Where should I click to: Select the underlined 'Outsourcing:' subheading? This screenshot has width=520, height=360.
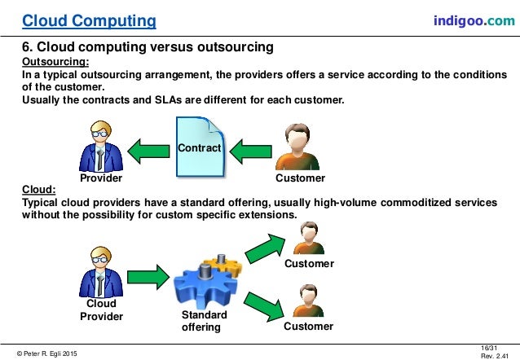56,61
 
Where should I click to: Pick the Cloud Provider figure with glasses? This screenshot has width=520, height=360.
101,272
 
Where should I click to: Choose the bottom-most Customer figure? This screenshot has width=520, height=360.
308,301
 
